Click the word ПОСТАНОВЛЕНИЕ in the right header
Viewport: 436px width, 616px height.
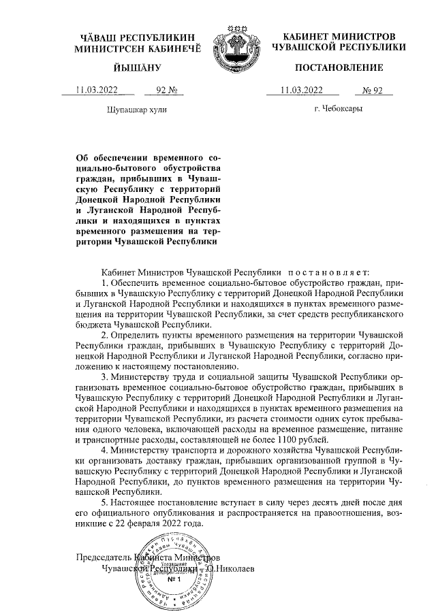[x=339, y=67]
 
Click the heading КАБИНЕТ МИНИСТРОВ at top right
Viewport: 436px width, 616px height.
[x=339, y=35]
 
